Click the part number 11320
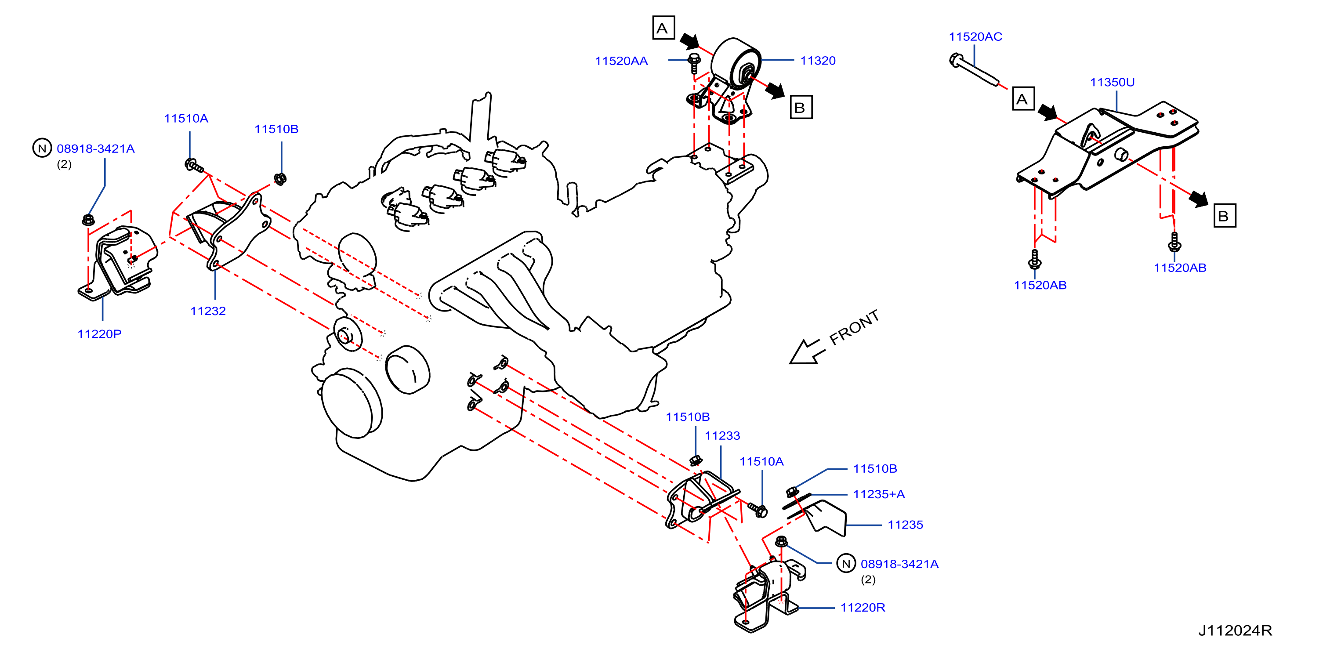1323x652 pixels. [x=818, y=61]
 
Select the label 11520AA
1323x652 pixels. [x=621, y=61]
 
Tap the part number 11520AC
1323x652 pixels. [x=975, y=37]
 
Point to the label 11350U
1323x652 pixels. [x=1113, y=82]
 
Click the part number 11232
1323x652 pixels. [x=208, y=311]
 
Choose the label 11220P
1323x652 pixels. [x=100, y=334]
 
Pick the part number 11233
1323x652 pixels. [x=722, y=436]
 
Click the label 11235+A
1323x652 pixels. [x=879, y=494]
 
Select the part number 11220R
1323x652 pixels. [x=863, y=608]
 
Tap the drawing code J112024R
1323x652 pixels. [x=1235, y=630]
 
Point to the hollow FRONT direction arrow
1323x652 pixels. [x=806, y=351]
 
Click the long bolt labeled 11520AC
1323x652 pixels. [x=974, y=70]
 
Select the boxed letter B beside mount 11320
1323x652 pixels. [x=801, y=107]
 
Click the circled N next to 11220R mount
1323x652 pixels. [x=846, y=563]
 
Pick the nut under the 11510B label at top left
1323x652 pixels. [x=280, y=179]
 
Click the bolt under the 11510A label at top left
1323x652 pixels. [x=194, y=166]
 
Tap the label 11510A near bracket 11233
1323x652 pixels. [x=761, y=462]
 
